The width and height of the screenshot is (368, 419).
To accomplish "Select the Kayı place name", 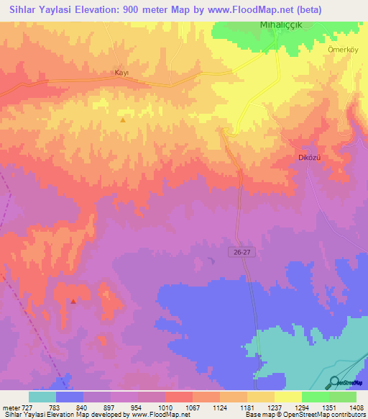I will [x=121, y=73].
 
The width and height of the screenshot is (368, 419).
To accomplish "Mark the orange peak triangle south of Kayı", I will [x=122, y=120].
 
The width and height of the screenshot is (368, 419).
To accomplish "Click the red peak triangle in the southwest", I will [x=73, y=302].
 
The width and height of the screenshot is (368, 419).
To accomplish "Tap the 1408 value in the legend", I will [x=356, y=407].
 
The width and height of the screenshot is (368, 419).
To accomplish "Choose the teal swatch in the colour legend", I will [x=42, y=397].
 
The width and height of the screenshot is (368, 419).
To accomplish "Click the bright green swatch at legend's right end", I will [x=343, y=397].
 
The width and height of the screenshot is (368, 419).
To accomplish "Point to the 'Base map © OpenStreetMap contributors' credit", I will [x=304, y=415].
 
